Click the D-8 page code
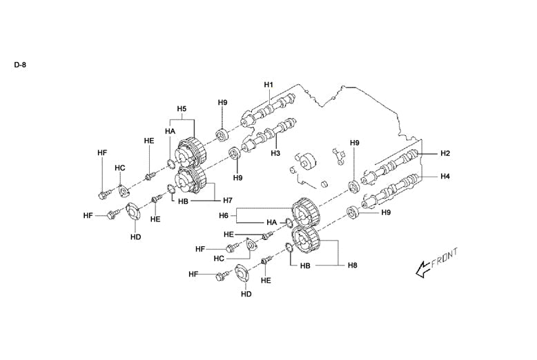click(x=20, y=66)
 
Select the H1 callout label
click(x=269, y=85)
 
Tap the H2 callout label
click(x=445, y=153)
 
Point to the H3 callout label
click(x=275, y=152)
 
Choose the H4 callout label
click(x=445, y=177)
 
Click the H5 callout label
click(x=182, y=109)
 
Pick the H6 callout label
click(x=223, y=216)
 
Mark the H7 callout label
click(x=228, y=200)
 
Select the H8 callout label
click(x=352, y=265)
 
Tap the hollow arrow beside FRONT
click(x=419, y=271)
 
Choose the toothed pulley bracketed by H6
click(x=305, y=212)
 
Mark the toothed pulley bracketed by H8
click(x=306, y=241)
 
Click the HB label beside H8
click(x=306, y=265)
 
